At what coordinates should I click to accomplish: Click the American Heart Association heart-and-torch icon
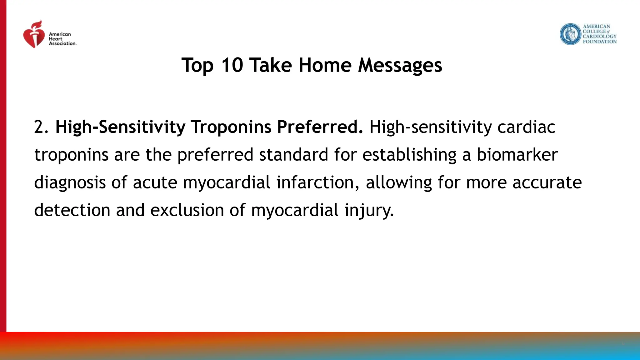tap(34, 35)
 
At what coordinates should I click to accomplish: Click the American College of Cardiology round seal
tap(570, 34)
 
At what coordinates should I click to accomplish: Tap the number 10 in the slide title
tap(232, 65)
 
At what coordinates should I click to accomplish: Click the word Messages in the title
tap(400, 65)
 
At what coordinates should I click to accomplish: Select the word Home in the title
tap(325, 65)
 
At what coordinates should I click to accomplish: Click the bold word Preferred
tap(320, 127)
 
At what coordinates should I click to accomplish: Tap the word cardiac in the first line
tap(526, 127)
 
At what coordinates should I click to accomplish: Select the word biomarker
tap(517, 155)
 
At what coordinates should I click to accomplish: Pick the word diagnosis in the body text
tap(70, 182)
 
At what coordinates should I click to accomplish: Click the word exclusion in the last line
tap(187, 210)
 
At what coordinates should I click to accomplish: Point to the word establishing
tap(409, 155)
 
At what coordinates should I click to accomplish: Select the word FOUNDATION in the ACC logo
tap(599, 42)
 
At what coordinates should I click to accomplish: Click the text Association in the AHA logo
tap(62, 43)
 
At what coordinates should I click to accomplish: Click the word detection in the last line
tap(72, 210)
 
